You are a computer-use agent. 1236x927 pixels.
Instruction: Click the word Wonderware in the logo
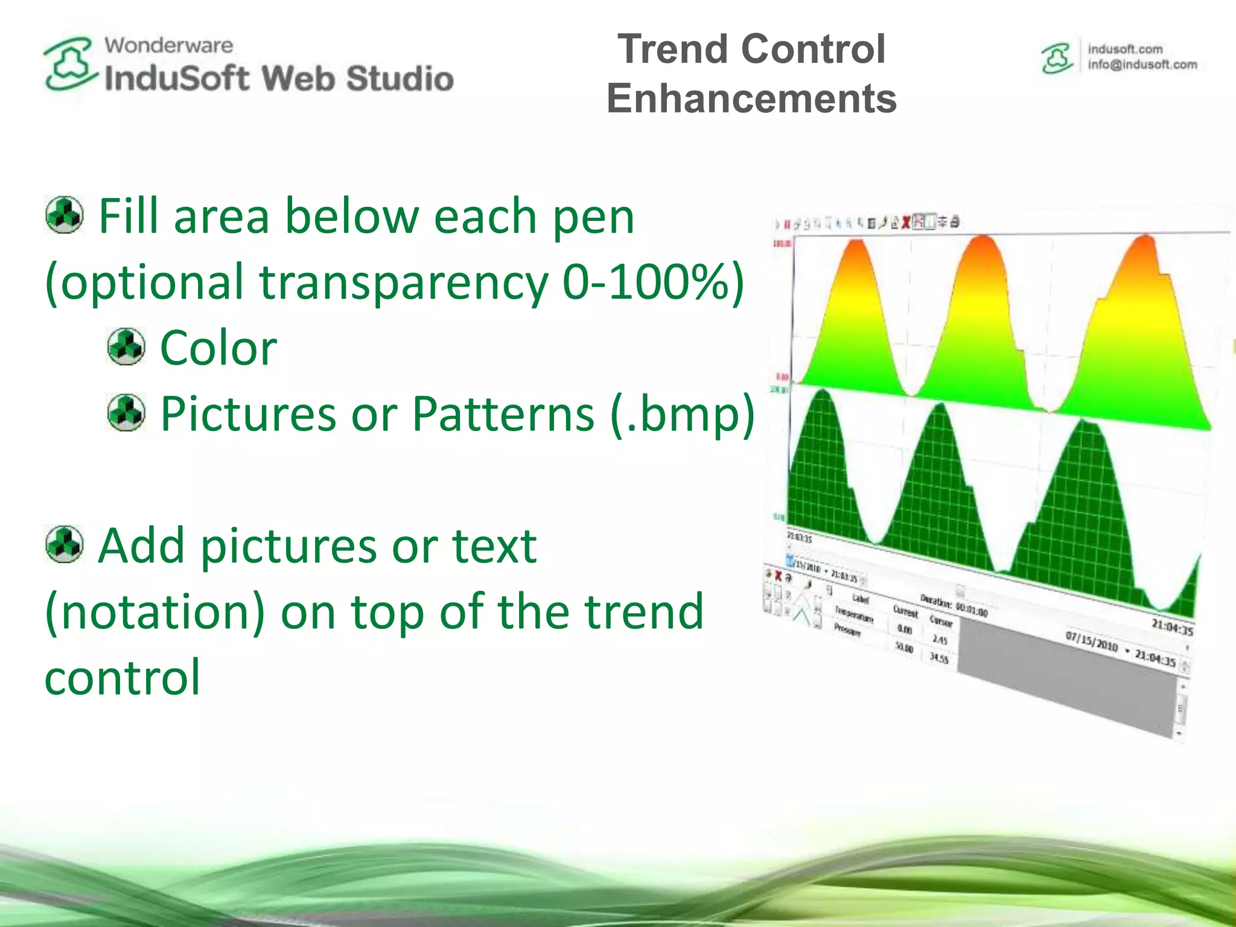tap(168, 45)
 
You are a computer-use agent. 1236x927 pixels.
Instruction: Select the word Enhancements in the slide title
tap(751, 98)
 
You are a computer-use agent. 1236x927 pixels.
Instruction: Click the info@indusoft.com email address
tap(1142, 65)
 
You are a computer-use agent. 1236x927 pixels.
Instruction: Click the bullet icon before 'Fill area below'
tap(64, 215)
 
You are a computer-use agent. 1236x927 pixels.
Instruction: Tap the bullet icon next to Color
tap(126, 347)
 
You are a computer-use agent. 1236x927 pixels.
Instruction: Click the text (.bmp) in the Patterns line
tap(683, 414)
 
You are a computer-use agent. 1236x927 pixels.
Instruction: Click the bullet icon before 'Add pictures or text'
tap(64, 544)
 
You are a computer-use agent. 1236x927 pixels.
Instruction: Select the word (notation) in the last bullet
tap(154, 611)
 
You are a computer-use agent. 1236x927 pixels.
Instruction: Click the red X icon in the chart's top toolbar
tap(906, 223)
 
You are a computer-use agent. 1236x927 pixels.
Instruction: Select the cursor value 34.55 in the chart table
tap(939, 657)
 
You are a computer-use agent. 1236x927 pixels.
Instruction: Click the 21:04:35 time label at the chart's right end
tap(1171, 627)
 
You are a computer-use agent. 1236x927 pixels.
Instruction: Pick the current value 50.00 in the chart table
tap(903, 648)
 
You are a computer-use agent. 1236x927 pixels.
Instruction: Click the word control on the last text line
tap(122, 678)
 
